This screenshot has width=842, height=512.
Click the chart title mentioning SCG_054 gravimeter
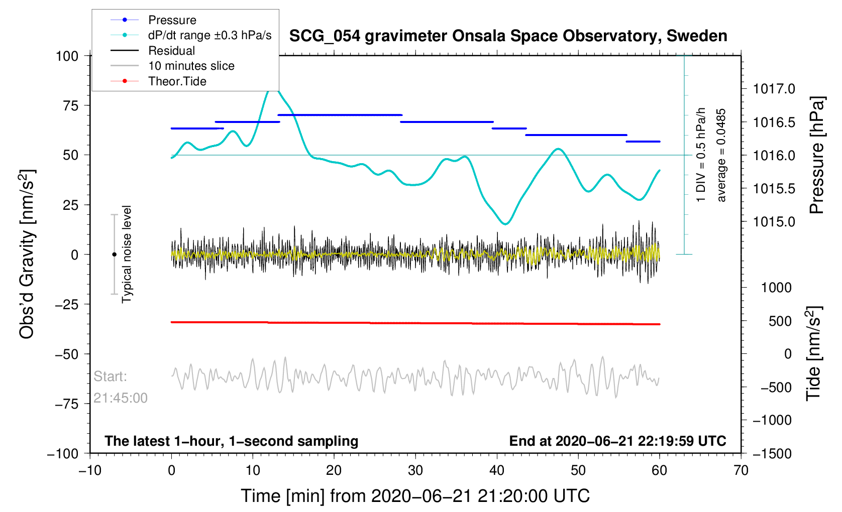508,36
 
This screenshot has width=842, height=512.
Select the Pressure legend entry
172,20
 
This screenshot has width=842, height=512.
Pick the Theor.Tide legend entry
177,81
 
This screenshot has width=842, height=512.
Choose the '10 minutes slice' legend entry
191,66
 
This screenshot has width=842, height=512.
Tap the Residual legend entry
171,51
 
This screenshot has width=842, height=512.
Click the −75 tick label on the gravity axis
67,404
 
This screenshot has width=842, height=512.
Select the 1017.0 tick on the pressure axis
774,89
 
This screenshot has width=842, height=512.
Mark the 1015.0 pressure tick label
774,221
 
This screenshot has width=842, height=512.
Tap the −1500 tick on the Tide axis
772,453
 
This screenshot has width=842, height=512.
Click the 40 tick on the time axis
497,470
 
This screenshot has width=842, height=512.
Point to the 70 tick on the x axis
741,470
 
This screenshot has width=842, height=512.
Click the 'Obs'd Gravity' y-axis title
27,254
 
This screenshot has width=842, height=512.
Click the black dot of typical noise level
114,254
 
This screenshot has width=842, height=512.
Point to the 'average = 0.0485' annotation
721,155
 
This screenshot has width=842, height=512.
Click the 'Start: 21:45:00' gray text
120,387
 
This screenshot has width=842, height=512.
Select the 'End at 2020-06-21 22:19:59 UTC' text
617,441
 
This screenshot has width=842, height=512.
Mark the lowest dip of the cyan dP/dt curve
505,224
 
